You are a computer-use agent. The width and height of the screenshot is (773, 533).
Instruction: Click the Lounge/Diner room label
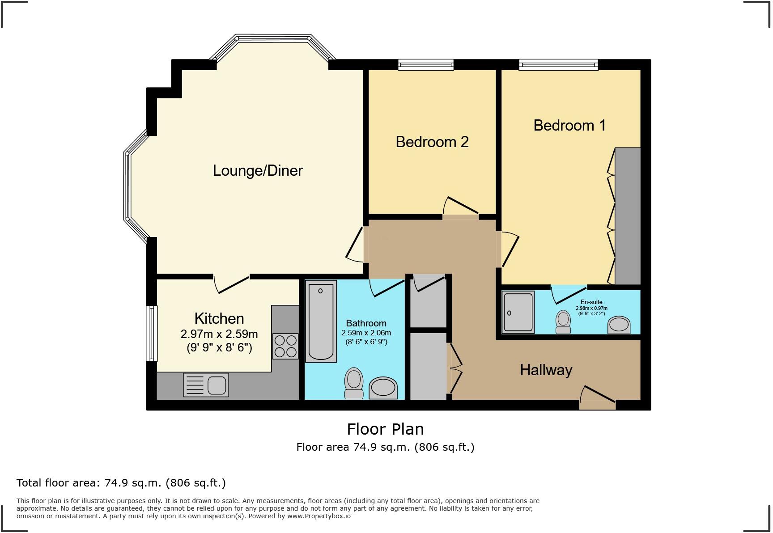click(258, 171)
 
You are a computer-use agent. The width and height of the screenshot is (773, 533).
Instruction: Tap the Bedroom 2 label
click(432, 142)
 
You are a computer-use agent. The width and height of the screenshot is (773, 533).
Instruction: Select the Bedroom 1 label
click(569, 125)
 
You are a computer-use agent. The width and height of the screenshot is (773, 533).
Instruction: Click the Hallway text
click(546, 370)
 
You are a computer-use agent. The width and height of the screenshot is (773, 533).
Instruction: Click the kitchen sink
click(206, 385)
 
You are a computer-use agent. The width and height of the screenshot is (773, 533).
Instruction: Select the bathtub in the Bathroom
click(321, 321)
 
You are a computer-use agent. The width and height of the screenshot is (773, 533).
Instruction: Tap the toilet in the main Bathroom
click(354, 383)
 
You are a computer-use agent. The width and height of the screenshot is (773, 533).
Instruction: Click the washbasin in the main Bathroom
click(383, 388)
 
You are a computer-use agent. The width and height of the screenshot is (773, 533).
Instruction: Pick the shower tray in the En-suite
click(518, 312)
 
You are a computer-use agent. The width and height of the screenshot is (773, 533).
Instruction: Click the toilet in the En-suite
click(563, 322)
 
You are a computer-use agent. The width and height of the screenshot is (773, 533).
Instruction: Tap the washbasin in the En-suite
click(619, 325)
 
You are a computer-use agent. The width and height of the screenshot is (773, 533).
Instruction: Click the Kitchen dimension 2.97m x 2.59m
click(219, 334)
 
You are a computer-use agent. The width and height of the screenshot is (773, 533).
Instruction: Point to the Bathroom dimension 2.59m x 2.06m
click(366, 333)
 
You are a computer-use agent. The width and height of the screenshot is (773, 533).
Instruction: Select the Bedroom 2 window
click(426, 65)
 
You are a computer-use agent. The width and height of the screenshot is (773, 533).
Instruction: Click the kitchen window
click(152, 333)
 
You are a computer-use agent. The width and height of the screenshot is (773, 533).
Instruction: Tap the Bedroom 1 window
click(558, 65)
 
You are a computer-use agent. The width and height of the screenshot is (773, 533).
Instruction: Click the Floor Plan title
click(385, 429)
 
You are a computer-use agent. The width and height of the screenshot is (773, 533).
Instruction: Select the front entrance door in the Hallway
click(597, 399)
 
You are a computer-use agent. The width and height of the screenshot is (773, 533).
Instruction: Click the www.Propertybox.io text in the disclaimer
click(319, 516)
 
